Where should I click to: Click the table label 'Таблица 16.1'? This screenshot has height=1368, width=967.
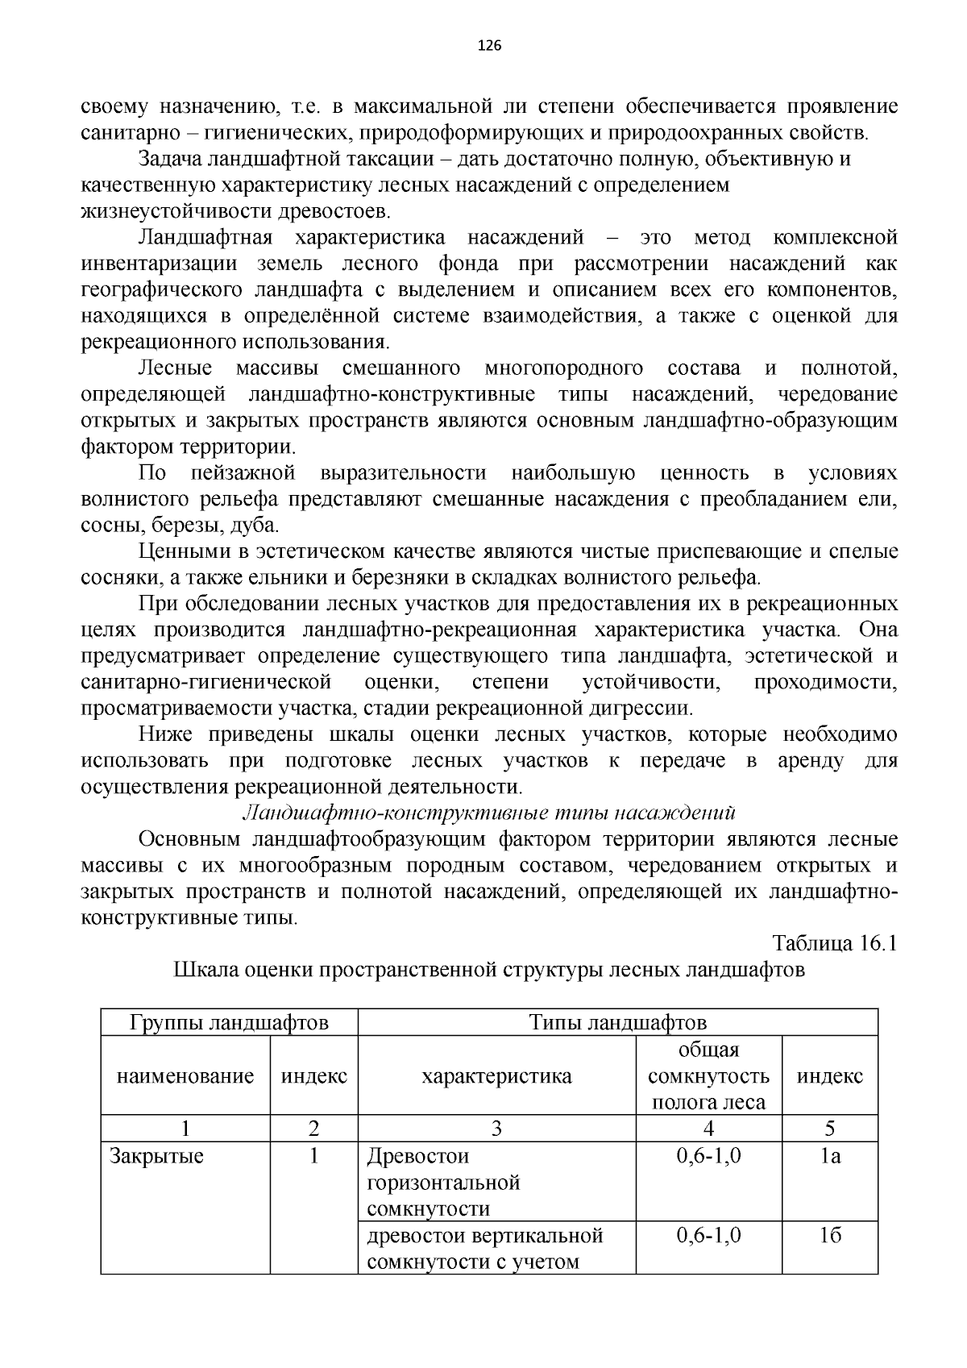(x=834, y=943)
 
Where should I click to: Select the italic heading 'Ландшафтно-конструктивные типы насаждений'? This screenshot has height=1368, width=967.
(x=489, y=812)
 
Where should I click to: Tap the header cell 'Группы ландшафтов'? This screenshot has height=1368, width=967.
(x=229, y=1022)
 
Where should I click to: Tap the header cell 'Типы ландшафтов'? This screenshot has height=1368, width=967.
(x=617, y=1022)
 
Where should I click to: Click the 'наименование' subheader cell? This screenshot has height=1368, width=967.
(x=185, y=1075)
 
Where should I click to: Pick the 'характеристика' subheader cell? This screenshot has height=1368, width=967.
(x=496, y=1075)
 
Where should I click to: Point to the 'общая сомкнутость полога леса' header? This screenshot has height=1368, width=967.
(x=708, y=1075)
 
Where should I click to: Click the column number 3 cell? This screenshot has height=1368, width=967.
(x=496, y=1129)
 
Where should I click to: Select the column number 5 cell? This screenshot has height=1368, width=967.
(x=829, y=1129)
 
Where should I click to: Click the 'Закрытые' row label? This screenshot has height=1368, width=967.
(x=157, y=1156)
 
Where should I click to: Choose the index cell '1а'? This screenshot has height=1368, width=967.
(x=829, y=1156)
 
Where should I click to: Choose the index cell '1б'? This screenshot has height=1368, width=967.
(x=829, y=1235)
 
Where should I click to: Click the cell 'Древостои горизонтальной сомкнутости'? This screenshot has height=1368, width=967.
(x=443, y=1182)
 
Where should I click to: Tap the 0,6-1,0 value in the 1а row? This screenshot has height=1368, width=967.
(x=708, y=1156)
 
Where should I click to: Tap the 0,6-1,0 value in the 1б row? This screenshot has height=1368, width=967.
(x=708, y=1235)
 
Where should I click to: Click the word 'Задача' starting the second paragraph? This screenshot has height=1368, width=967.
(x=170, y=159)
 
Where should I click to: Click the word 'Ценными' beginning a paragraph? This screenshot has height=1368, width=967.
(x=178, y=551)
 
